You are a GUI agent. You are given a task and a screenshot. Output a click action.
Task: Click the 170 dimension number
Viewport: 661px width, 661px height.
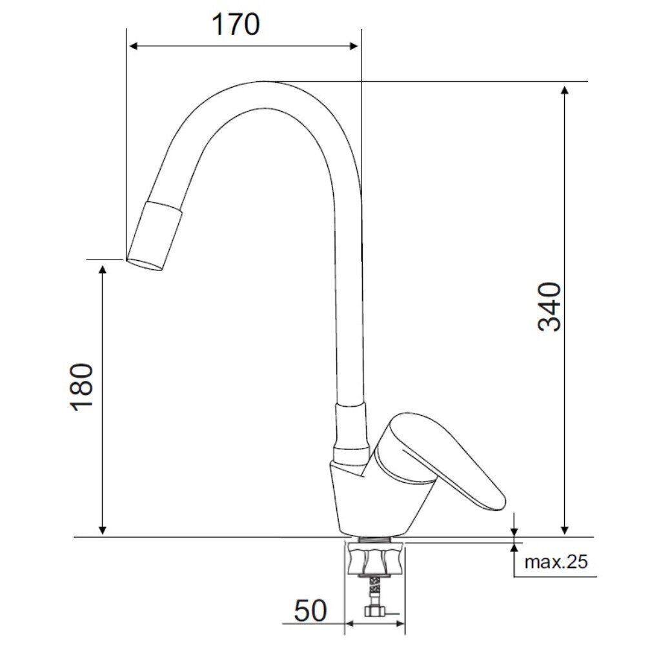236,25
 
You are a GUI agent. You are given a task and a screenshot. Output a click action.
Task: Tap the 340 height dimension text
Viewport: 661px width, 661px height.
550,307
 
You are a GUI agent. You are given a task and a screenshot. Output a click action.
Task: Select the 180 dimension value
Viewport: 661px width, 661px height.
81,387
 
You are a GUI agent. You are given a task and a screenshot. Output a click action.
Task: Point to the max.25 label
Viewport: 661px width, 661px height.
556,562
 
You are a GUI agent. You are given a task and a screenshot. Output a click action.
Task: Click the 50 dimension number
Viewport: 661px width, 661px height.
310,611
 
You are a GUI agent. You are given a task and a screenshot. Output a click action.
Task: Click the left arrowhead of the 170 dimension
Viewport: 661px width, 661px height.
134,46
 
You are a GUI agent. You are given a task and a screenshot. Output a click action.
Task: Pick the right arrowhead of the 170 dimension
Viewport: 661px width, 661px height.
353,46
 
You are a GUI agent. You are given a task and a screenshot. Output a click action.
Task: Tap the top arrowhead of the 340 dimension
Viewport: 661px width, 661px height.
565,90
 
